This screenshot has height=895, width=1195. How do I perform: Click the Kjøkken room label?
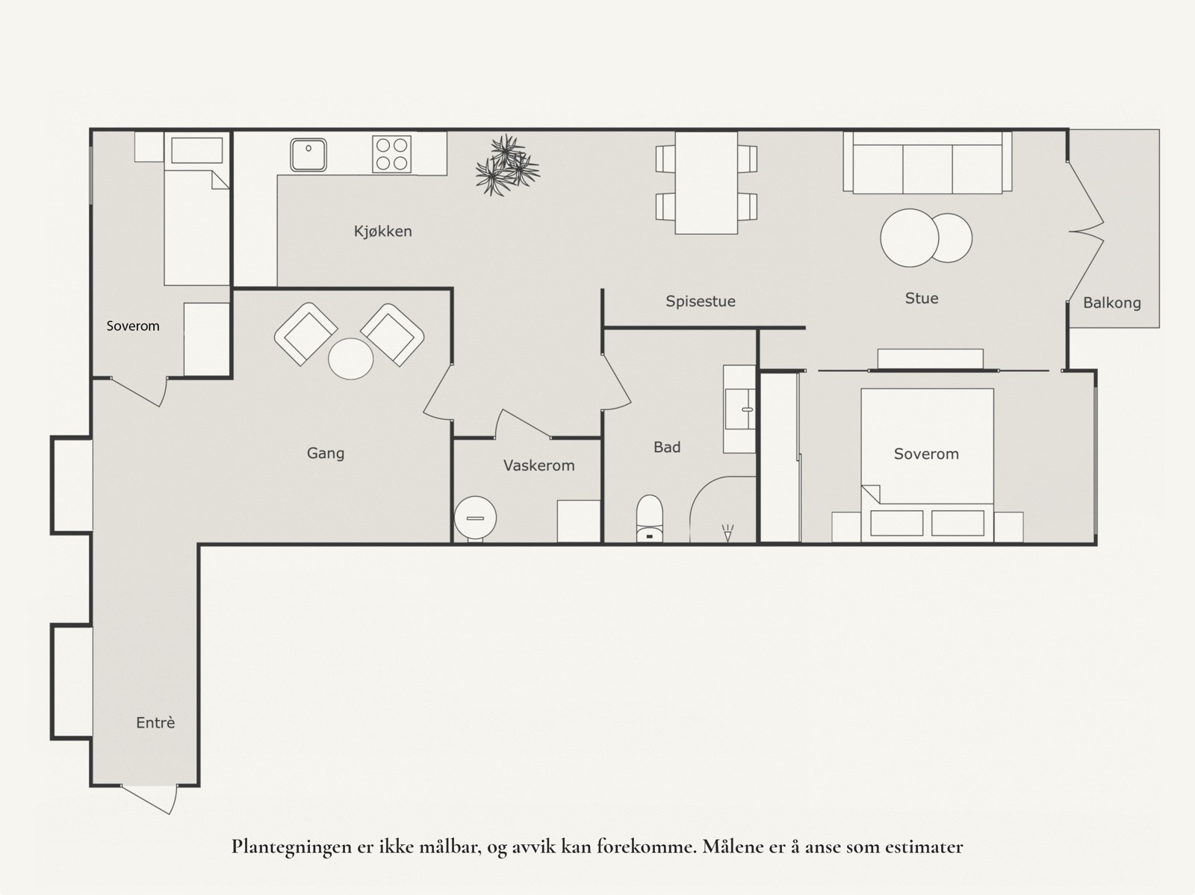tap(382, 232)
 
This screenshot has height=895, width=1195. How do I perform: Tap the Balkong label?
tap(1111, 303)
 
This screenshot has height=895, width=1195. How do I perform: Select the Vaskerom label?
tap(539, 465)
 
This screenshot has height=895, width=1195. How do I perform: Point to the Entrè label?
tap(155, 722)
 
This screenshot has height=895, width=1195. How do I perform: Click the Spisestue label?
tap(701, 301)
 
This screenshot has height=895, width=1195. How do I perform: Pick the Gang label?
tap(326, 453)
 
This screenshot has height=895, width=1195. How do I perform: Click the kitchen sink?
tap(308, 155)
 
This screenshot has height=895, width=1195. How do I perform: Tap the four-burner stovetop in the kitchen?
tap(392, 154)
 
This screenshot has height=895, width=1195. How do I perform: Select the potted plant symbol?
tap(507, 165)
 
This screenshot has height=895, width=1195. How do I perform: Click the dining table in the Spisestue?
tap(706, 183)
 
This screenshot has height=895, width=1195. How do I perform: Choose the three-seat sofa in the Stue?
tap(928, 162)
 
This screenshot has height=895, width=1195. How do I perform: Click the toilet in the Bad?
tap(650, 518)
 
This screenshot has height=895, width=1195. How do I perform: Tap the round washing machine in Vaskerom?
tap(475, 518)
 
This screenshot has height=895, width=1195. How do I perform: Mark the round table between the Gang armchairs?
tap(350, 359)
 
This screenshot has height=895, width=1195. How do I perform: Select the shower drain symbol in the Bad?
tap(727, 533)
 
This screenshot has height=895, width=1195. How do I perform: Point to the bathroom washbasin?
tap(740, 409)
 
